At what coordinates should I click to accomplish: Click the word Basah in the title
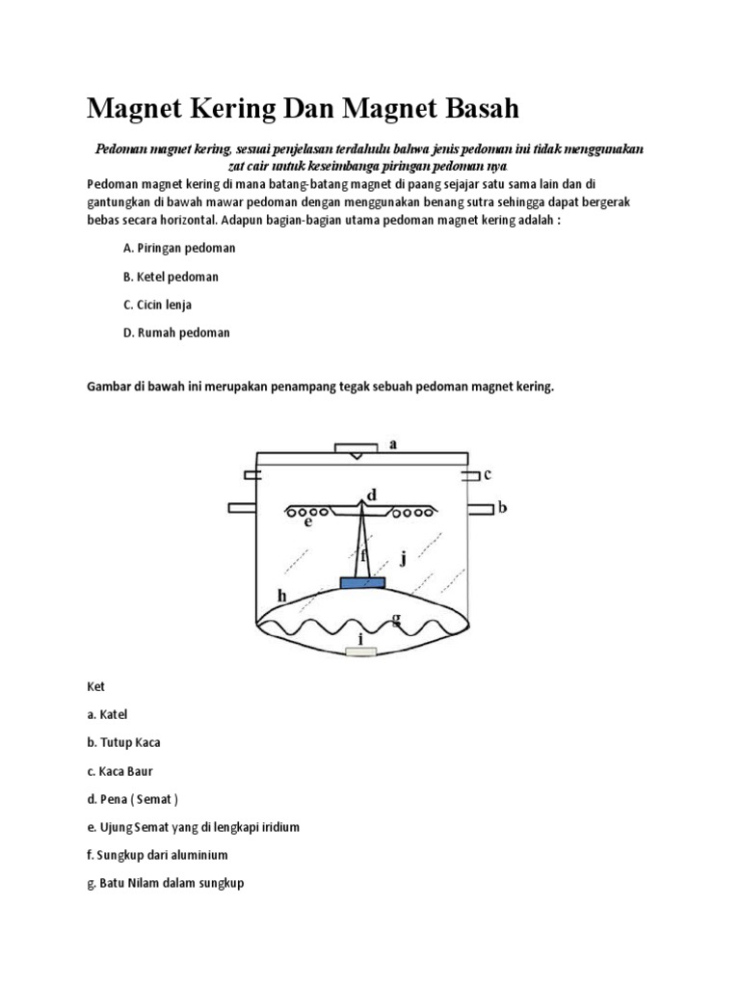click(x=472, y=109)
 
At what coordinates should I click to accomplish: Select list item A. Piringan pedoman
click(x=179, y=248)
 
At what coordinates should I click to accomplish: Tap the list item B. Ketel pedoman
click(x=171, y=277)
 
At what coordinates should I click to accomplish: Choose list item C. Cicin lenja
click(x=158, y=305)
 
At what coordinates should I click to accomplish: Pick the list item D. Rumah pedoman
click(x=176, y=333)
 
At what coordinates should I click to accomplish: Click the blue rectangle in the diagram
click(x=362, y=583)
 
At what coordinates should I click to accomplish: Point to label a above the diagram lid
click(x=392, y=444)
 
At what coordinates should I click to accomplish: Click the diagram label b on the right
click(x=502, y=507)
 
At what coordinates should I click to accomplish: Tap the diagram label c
click(x=488, y=473)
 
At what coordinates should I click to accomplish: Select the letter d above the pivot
click(x=371, y=493)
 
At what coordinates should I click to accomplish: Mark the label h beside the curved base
click(x=282, y=597)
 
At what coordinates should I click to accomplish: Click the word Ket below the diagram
click(x=95, y=687)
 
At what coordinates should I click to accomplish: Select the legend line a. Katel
click(x=107, y=715)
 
